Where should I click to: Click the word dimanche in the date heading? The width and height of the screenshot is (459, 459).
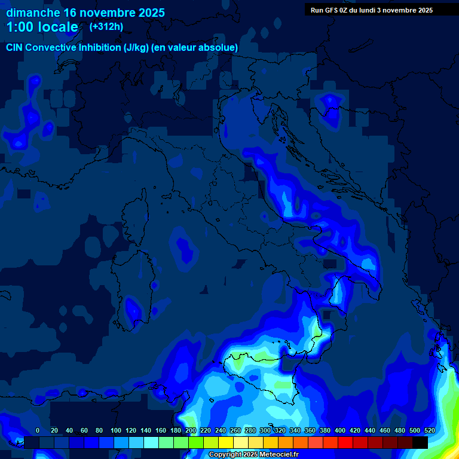[x=33, y=13]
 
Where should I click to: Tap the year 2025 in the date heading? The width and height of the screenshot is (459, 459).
[x=147, y=13]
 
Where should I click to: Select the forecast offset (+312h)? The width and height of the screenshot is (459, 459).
[x=106, y=26]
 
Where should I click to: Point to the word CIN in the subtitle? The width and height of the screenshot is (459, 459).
[x=15, y=47]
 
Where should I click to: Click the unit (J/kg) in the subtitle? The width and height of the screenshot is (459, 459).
[x=137, y=47]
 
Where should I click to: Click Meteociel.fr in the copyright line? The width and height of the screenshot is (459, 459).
[x=279, y=455]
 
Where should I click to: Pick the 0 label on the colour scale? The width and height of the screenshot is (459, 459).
[x=38, y=430]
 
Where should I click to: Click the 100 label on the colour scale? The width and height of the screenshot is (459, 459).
[x=116, y=430]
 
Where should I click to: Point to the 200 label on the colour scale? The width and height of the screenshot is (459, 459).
[x=191, y=430]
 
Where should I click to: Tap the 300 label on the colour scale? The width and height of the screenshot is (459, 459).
[x=265, y=430]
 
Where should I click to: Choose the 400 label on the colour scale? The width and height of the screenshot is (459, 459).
[x=340, y=430]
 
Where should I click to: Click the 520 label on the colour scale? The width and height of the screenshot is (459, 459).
[x=429, y=430]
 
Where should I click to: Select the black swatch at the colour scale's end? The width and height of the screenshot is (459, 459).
[x=420, y=442]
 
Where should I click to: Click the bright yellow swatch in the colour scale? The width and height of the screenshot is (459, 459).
[x=226, y=442]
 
